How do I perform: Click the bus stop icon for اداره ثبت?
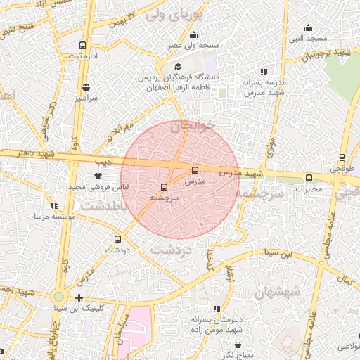(x=83, y=45)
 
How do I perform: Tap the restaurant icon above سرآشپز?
(x=86, y=88)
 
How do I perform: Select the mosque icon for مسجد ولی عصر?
(x=193, y=35)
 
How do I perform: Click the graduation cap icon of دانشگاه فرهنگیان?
(x=178, y=67)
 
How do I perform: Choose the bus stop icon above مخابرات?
(x=309, y=178)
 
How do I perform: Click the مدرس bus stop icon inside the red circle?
(x=195, y=169)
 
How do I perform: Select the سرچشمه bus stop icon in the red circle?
(x=164, y=188)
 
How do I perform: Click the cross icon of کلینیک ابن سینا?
(x=79, y=297)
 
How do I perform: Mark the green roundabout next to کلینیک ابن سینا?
(x=59, y=297)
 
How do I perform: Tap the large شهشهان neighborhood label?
(x=278, y=290)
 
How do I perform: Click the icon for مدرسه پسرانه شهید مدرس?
(x=264, y=72)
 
